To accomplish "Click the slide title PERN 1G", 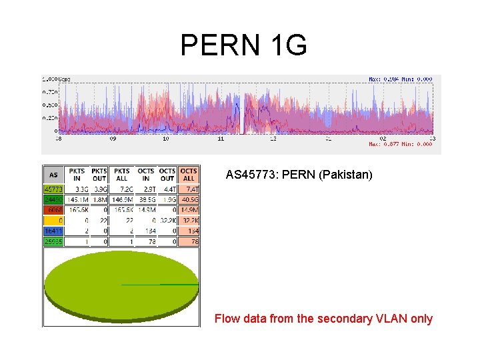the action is pyautogui.click(x=243, y=45).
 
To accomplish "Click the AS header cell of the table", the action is pyautogui.click(x=53, y=175).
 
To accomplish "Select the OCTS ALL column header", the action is pyautogui.click(x=189, y=175).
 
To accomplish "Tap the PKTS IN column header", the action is pyautogui.click(x=77, y=175).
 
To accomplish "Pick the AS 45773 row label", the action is pyautogui.click(x=53, y=189).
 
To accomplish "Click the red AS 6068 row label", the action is pyautogui.click(x=53, y=209).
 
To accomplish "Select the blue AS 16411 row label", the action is pyautogui.click(x=53, y=231).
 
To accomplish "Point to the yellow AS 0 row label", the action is pyautogui.click(x=53, y=220).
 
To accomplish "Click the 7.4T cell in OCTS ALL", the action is pyautogui.click(x=189, y=189).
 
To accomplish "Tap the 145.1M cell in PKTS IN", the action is pyautogui.click(x=77, y=199).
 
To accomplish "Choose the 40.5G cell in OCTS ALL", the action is pyautogui.click(x=189, y=199).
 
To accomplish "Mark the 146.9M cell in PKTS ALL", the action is pyautogui.click(x=121, y=199).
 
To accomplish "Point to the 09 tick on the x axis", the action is pyautogui.click(x=112, y=139).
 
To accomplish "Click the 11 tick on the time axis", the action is pyautogui.click(x=220, y=139).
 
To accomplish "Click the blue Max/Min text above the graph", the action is pyautogui.click(x=400, y=79).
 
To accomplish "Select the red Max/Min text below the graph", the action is pyautogui.click(x=400, y=144).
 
